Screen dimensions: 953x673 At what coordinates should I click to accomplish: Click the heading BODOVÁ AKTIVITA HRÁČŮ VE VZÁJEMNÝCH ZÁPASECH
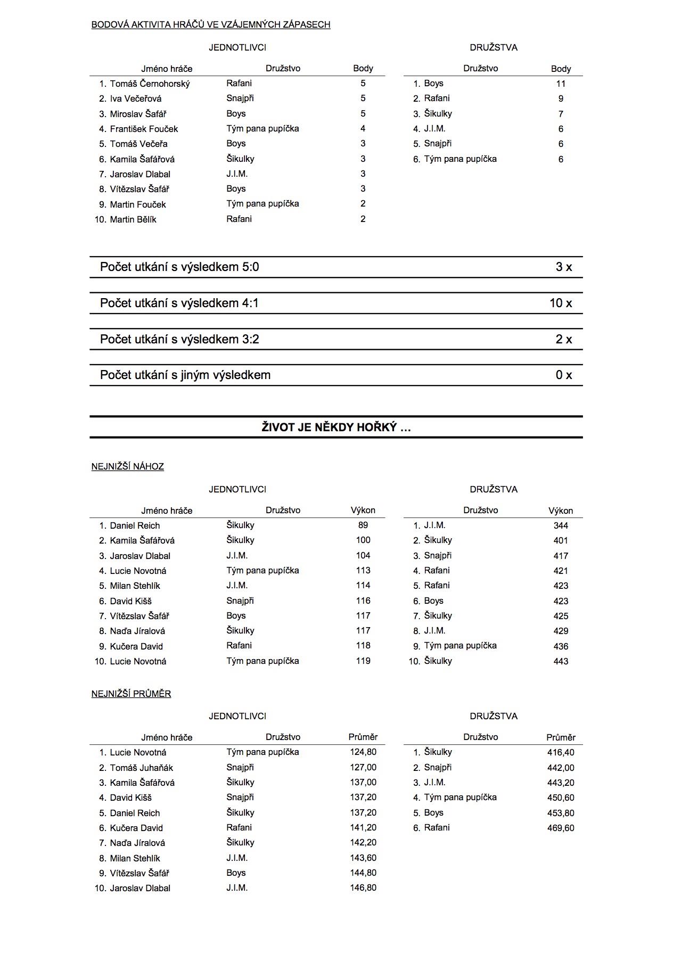coord(211,24)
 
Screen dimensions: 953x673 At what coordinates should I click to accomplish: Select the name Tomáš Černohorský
coord(150,84)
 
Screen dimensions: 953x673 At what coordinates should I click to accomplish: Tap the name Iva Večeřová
coord(135,98)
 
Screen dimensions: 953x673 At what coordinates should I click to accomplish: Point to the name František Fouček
coord(144,129)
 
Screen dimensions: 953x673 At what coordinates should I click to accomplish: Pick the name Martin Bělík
coord(133,219)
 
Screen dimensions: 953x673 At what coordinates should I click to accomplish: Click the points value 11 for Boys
coord(561,84)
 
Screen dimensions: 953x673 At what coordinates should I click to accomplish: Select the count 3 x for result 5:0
coord(564,267)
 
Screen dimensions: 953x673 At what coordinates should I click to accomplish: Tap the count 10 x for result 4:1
coord(561,303)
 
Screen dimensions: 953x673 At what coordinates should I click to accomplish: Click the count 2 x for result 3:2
coord(564,340)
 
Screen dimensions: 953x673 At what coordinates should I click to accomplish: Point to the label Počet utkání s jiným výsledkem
coord(185,375)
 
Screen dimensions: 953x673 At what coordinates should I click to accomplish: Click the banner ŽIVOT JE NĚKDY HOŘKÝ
coord(336,428)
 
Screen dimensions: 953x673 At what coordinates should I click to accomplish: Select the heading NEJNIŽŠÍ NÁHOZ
coord(128,467)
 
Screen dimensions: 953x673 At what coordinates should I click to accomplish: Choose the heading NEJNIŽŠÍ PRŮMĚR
coord(131,694)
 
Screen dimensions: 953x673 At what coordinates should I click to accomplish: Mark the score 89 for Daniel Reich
coord(363,525)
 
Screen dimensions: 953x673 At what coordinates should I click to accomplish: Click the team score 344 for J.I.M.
coord(561,526)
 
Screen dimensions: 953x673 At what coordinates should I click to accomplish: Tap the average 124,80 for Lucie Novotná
coord(363,752)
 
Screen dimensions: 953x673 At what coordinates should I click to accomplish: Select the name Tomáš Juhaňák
coord(141,768)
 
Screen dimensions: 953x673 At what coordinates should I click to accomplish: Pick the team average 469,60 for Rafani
coord(561,828)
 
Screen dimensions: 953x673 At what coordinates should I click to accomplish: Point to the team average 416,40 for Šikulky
coord(561,753)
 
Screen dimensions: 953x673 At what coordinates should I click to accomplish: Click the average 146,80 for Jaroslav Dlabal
coord(363,888)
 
